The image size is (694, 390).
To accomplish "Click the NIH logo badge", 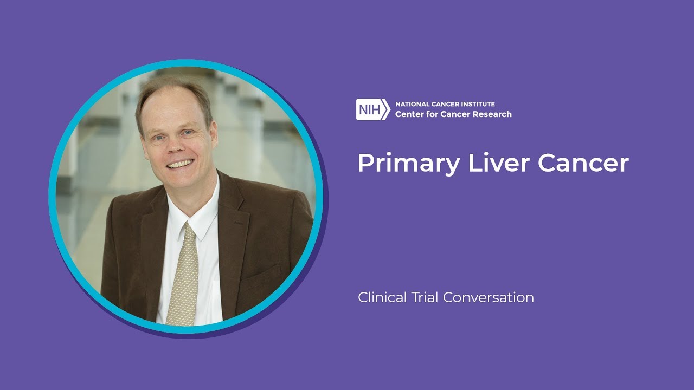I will coord(372,109).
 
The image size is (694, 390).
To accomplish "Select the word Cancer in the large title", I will coord(583,162).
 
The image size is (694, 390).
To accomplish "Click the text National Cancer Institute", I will coord(445,104).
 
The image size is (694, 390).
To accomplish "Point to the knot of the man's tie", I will coord(188,231).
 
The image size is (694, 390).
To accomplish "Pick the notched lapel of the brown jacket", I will coord(230,217).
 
